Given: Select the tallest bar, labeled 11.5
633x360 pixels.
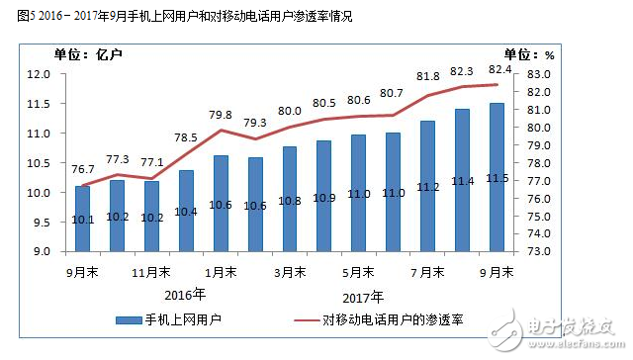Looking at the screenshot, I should (x=497, y=177).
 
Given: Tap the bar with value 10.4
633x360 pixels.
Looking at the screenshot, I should (x=186, y=211).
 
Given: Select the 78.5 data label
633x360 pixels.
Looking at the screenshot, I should (x=186, y=136).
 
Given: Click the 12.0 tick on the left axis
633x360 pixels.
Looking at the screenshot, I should (x=39, y=74).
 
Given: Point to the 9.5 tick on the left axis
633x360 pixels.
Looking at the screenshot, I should (x=41, y=222).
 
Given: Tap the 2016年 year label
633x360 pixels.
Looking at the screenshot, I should (x=185, y=294).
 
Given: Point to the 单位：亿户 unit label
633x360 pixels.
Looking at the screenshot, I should (x=81, y=54).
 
